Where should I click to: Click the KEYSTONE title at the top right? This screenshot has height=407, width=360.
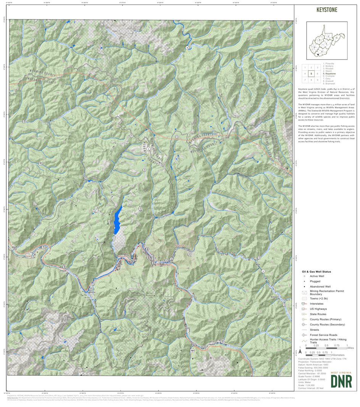[x=326, y=10]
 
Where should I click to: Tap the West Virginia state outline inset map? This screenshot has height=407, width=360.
[x=326, y=40]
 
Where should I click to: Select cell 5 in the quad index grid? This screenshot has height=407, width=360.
[x=311, y=74]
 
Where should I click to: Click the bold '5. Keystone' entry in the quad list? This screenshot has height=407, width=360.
[x=329, y=74]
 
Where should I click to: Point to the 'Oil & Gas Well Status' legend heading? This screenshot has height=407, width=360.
[x=316, y=271]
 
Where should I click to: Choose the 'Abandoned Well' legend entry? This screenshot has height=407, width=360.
[x=320, y=286]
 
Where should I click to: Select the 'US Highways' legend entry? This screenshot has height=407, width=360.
[x=318, y=309]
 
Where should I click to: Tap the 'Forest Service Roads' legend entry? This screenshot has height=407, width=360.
[x=323, y=335]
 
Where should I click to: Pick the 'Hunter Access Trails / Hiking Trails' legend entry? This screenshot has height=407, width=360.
[x=325, y=341]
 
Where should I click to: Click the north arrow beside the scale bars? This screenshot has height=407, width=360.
[x=300, y=350]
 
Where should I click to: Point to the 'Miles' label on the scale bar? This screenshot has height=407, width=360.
[x=351, y=348]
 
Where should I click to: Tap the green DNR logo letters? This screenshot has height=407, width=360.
[x=341, y=381]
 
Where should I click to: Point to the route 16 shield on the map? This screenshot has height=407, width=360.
[x=187, y=48]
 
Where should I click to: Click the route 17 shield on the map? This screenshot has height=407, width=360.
[x=263, y=271]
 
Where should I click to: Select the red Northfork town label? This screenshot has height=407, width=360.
[x=179, y=246]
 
